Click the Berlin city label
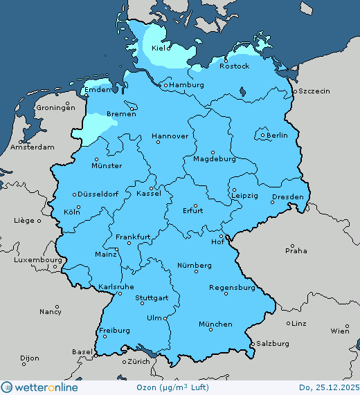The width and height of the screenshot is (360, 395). [x=277, y=136]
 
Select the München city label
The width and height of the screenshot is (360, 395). [x=215, y=324]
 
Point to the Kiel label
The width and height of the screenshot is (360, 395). [x=161, y=50]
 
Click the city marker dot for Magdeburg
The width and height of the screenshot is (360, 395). [x=213, y=152]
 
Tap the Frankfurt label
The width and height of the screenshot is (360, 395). [x=133, y=237]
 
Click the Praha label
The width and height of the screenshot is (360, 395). [x=296, y=251]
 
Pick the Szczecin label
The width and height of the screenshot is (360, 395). [x=314, y=91]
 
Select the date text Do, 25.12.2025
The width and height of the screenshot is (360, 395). [x=328, y=387]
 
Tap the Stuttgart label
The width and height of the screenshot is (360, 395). [x=152, y=299]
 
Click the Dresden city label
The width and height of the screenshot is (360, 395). [x=287, y=197]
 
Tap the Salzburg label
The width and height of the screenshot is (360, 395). [x=272, y=344]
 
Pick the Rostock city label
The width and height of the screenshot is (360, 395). [x=235, y=66]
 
